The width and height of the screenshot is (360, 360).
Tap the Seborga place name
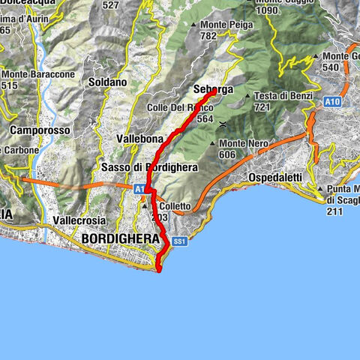pos(214,89)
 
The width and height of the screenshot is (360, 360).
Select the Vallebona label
pos(140,139)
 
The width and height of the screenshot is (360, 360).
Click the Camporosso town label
pos(40,130)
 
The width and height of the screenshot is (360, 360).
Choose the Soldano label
pos(105,80)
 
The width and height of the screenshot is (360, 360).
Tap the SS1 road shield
pos(178,241)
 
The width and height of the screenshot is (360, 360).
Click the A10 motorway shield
pos(334,100)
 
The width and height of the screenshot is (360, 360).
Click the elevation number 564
pos(205,118)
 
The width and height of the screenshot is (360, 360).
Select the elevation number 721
pos(262,107)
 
